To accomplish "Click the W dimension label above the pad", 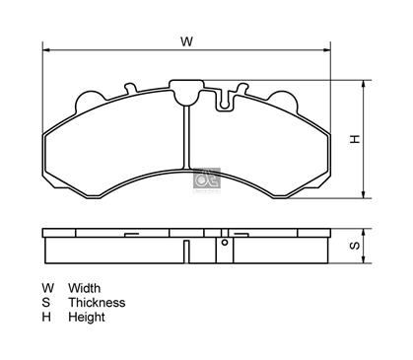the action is tap(186, 41).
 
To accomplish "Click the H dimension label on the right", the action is tap(355, 139).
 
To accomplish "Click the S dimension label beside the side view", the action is tap(355, 246).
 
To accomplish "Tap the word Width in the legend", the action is tap(85, 288).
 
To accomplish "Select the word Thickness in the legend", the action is tap(97, 303).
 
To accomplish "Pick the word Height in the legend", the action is tap(87, 317).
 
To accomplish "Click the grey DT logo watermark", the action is tap(207, 179).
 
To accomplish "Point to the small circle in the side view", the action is tap(225, 243).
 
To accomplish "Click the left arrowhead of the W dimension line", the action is tap(46, 50).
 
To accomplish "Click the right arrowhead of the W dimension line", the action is tap(327, 50).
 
